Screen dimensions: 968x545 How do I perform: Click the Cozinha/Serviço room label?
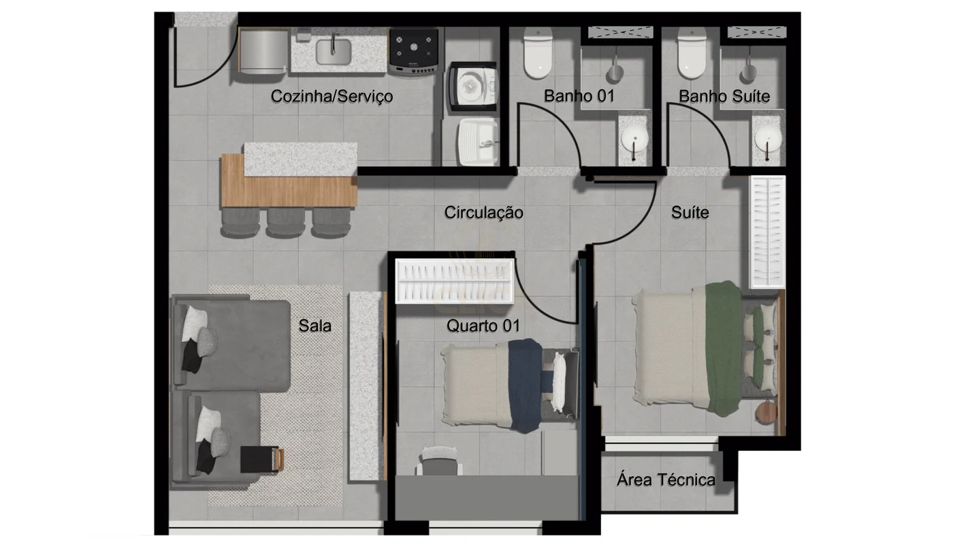(x=332, y=97)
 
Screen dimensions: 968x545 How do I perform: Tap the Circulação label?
(x=483, y=213)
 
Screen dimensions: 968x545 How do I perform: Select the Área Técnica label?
(x=666, y=480)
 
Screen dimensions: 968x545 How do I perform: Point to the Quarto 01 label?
(x=483, y=326)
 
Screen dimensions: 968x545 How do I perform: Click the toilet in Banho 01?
(x=538, y=52)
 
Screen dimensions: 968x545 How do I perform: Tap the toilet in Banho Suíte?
(x=692, y=52)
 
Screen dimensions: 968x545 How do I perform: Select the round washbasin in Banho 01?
(x=634, y=139)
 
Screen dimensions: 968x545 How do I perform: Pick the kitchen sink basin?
(x=333, y=52)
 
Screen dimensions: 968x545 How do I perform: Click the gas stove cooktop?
(x=414, y=51)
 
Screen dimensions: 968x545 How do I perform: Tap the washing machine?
(x=472, y=87)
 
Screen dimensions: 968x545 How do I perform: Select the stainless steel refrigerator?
(x=263, y=52)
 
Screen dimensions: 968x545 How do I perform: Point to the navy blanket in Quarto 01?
(x=525, y=386)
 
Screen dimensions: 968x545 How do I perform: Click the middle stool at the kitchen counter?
(x=285, y=222)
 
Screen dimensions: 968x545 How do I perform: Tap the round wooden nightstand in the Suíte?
(x=767, y=412)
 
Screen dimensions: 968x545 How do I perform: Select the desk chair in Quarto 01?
(x=440, y=461)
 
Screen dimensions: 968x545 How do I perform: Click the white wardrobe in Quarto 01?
(x=455, y=281)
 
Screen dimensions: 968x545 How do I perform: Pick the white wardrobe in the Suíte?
(x=767, y=232)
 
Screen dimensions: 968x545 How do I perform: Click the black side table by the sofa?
(x=260, y=459)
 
